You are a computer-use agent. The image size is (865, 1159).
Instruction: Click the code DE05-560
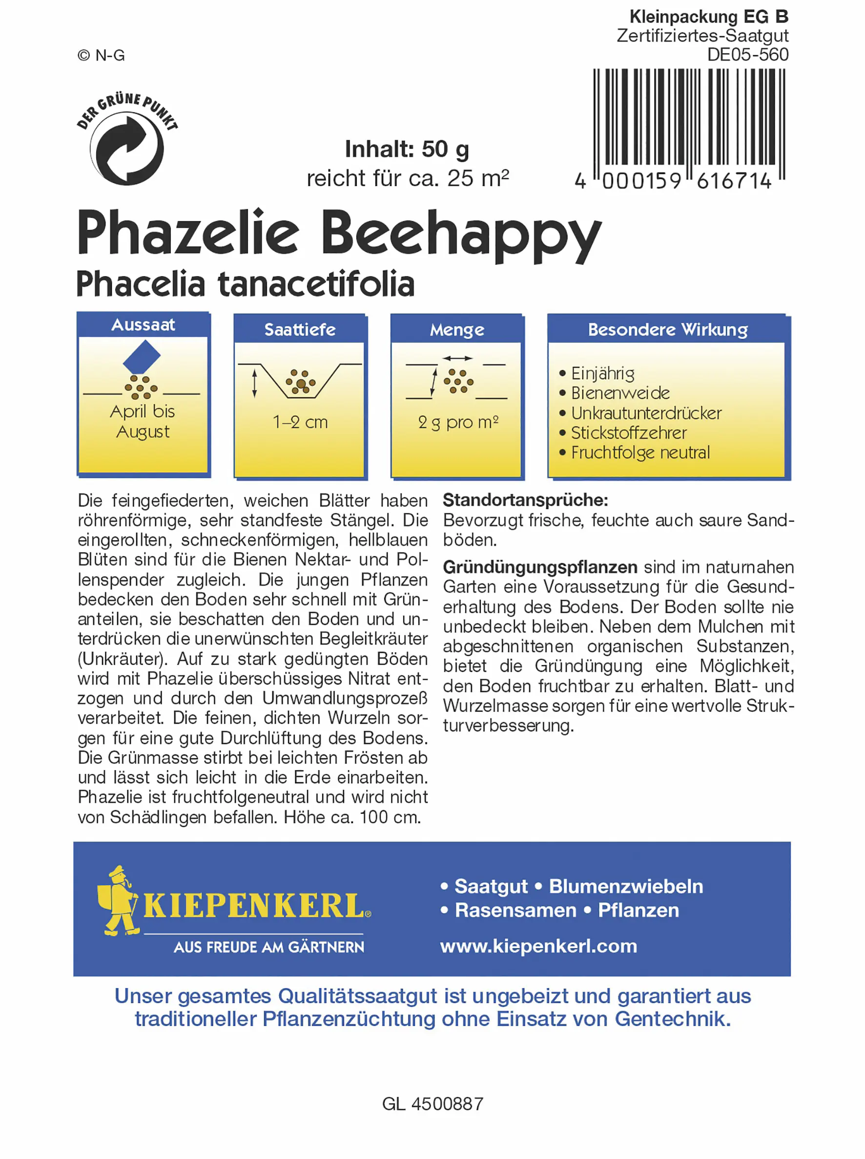[747, 55]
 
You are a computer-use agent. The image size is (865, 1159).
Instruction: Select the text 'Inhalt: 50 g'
[407, 150]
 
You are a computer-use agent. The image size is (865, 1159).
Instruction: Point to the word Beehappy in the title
[461, 233]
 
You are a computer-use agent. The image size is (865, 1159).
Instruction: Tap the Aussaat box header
[143, 325]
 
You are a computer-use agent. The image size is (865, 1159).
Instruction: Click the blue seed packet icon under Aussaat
[142, 357]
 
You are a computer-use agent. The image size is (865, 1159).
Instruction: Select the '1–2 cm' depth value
[300, 422]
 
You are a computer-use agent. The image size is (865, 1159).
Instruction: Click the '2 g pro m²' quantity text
[457, 422]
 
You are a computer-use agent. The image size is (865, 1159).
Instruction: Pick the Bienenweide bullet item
[620, 393]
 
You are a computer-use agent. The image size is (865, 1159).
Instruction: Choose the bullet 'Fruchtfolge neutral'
[640, 452]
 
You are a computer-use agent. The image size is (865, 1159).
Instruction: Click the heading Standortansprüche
[525, 500]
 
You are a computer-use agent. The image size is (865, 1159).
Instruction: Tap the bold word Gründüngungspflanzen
[540, 567]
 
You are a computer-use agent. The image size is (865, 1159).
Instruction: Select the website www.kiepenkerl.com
[538, 946]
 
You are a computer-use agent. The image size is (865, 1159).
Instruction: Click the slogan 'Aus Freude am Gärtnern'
[268, 947]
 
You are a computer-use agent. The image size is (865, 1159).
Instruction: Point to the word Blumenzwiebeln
[626, 886]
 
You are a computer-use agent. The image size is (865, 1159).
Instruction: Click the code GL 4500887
[432, 1104]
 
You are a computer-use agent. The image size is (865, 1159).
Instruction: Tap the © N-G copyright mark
[101, 56]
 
